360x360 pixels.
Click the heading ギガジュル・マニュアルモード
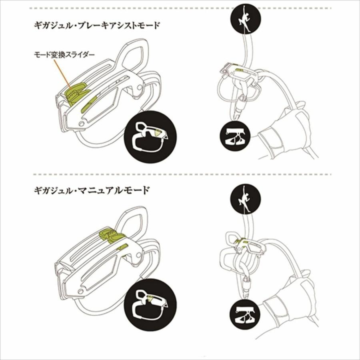92,190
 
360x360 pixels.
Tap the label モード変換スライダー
64,55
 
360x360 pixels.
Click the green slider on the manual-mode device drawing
111,234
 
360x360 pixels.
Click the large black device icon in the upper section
150,137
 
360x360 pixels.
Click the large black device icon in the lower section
150,305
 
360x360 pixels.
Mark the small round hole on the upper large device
81,124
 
